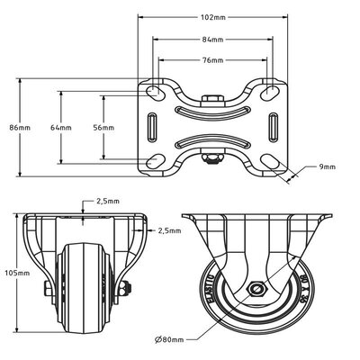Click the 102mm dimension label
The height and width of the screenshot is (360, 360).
pyautogui.click(x=212, y=15)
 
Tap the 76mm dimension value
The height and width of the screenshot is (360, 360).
pyautogui.click(x=212, y=61)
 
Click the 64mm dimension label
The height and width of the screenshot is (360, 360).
pyautogui.click(x=61, y=128)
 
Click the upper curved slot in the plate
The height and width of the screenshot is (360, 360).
pyautogui.click(x=212, y=111)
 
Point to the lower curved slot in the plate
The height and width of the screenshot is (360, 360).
pyautogui.click(x=212, y=145)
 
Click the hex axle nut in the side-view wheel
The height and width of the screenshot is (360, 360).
pyautogui.click(x=257, y=290)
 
